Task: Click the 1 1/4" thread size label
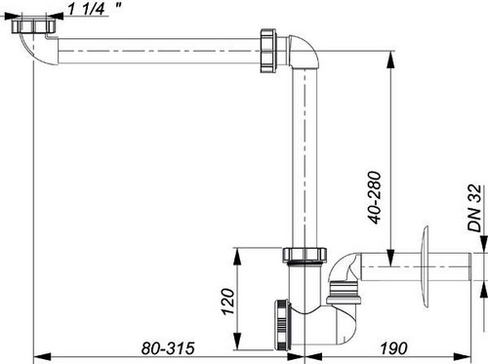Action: point(95,9)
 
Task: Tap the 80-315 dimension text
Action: point(168,348)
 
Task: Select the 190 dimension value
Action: point(393,348)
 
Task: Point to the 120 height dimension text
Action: point(228,302)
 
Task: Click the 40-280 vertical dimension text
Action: point(375,197)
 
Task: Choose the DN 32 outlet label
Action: point(474,208)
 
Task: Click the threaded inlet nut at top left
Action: point(33,25)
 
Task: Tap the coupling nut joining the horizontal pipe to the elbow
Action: point(268,51)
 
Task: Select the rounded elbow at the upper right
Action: point(305,52)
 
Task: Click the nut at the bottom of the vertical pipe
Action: point(305,255)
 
